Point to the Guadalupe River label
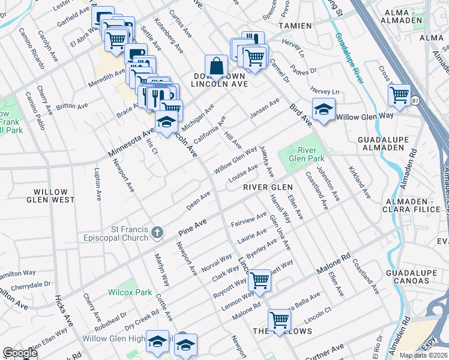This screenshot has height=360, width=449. pos(349,56)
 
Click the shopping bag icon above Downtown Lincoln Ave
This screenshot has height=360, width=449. pos(215,67)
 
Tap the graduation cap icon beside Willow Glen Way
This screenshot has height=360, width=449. pos(324,110)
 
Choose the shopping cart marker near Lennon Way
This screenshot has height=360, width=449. pos(259,280)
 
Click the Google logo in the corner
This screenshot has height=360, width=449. pos(20,353)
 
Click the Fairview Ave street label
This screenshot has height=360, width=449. pos(249,220)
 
